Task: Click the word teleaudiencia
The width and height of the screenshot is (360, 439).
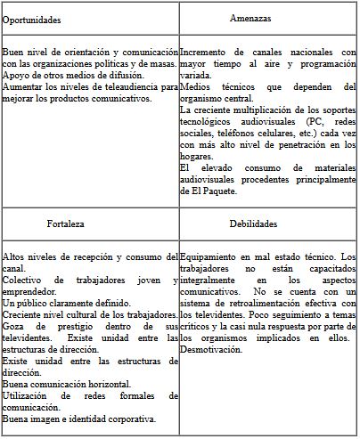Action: [x=123, y=86]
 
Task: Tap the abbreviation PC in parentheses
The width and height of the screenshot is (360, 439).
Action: [x=312, y=121]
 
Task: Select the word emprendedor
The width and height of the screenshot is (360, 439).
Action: [x=33, y=291]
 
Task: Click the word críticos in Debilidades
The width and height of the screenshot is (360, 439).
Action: [x=197, y=326]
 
